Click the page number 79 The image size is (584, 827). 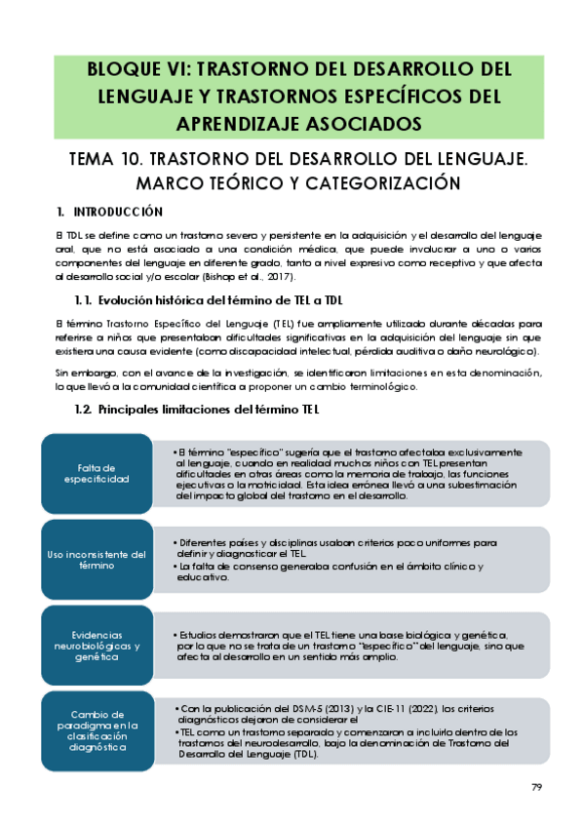tap(536, 787)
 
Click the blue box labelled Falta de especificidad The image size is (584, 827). tap(97, 473)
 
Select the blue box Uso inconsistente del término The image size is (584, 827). tap(97, 559)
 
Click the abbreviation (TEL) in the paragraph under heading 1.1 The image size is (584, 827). tap(285, 322)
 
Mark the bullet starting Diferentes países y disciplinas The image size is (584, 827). tap(335, 547)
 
